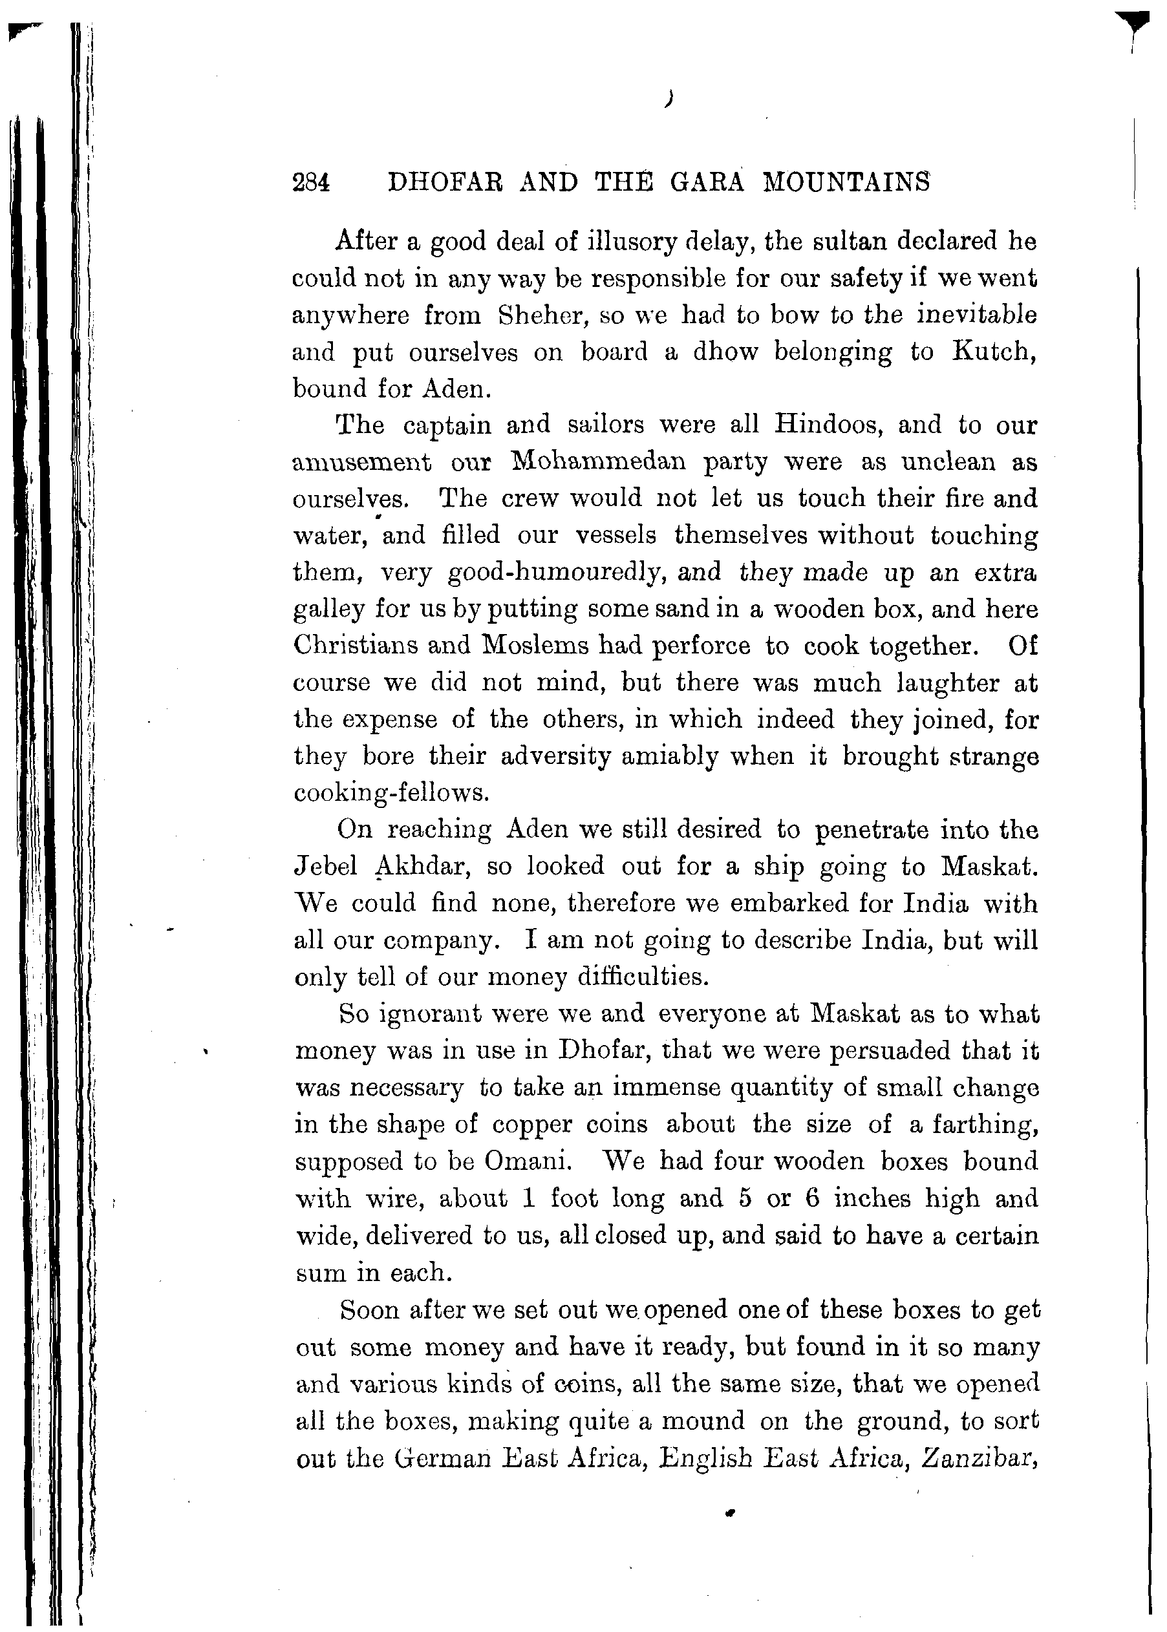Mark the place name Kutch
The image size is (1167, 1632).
[x=994, y=352]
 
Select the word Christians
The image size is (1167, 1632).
[x=353, y=645]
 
